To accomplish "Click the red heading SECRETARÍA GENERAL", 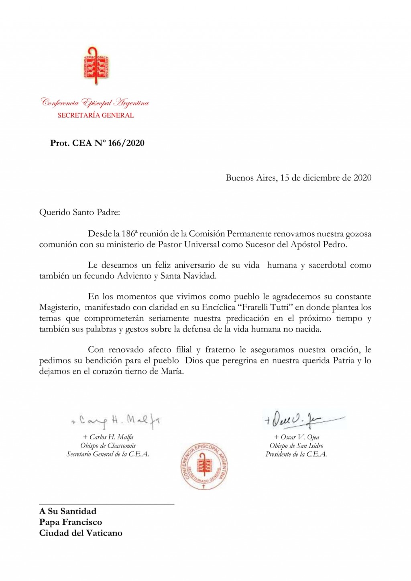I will [x=96, y=115].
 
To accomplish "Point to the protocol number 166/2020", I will [x=126, y=143].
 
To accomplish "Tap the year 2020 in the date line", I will [x=362, y=178].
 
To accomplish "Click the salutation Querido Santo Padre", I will [x=79, y=212].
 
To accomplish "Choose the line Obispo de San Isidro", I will [x=296, y=445].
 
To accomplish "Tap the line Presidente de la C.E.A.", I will [x=296, y=454].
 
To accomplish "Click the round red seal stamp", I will [x=203, y=467].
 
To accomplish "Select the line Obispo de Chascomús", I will [x=108, y=445].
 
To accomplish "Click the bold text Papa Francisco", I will [x=71, y=522].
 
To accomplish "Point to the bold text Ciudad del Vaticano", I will [x=81, y=533].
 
